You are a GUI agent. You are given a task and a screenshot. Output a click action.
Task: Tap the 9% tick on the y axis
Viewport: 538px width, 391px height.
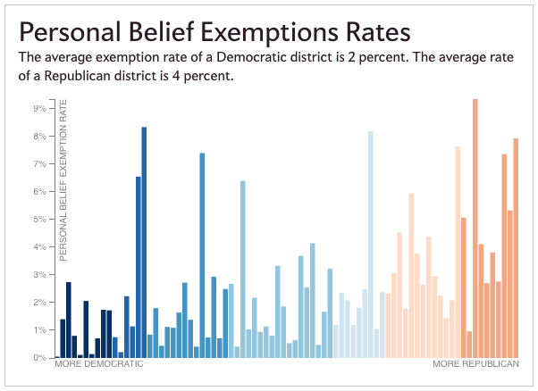pos(39,108)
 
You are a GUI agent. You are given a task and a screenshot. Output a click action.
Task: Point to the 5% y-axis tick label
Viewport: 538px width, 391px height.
pos(39,219)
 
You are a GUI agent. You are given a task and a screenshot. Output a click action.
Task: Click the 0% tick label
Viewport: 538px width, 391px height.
pos(39,358)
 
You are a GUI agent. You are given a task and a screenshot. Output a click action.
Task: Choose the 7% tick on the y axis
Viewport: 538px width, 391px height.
pos(39,164)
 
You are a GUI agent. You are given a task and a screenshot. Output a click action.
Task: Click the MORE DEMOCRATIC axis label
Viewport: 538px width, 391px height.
pos(99,365)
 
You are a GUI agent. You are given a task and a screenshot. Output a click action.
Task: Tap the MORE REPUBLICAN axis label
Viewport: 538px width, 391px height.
pos(475,365)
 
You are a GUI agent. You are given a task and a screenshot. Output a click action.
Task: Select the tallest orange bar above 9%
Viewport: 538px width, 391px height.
pos(475,228)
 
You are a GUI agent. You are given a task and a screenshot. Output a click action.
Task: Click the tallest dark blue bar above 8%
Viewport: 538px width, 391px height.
pos(144,242)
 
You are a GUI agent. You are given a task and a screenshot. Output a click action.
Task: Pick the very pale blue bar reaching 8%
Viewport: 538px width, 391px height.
pos(370,244)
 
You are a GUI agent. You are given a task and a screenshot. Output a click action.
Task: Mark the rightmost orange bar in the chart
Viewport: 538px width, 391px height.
pos(516,248)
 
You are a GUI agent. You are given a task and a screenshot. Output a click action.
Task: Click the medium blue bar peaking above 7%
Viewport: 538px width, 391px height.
pos(202,255)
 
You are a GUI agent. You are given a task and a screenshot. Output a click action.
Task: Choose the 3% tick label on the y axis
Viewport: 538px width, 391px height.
pos(39,275)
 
